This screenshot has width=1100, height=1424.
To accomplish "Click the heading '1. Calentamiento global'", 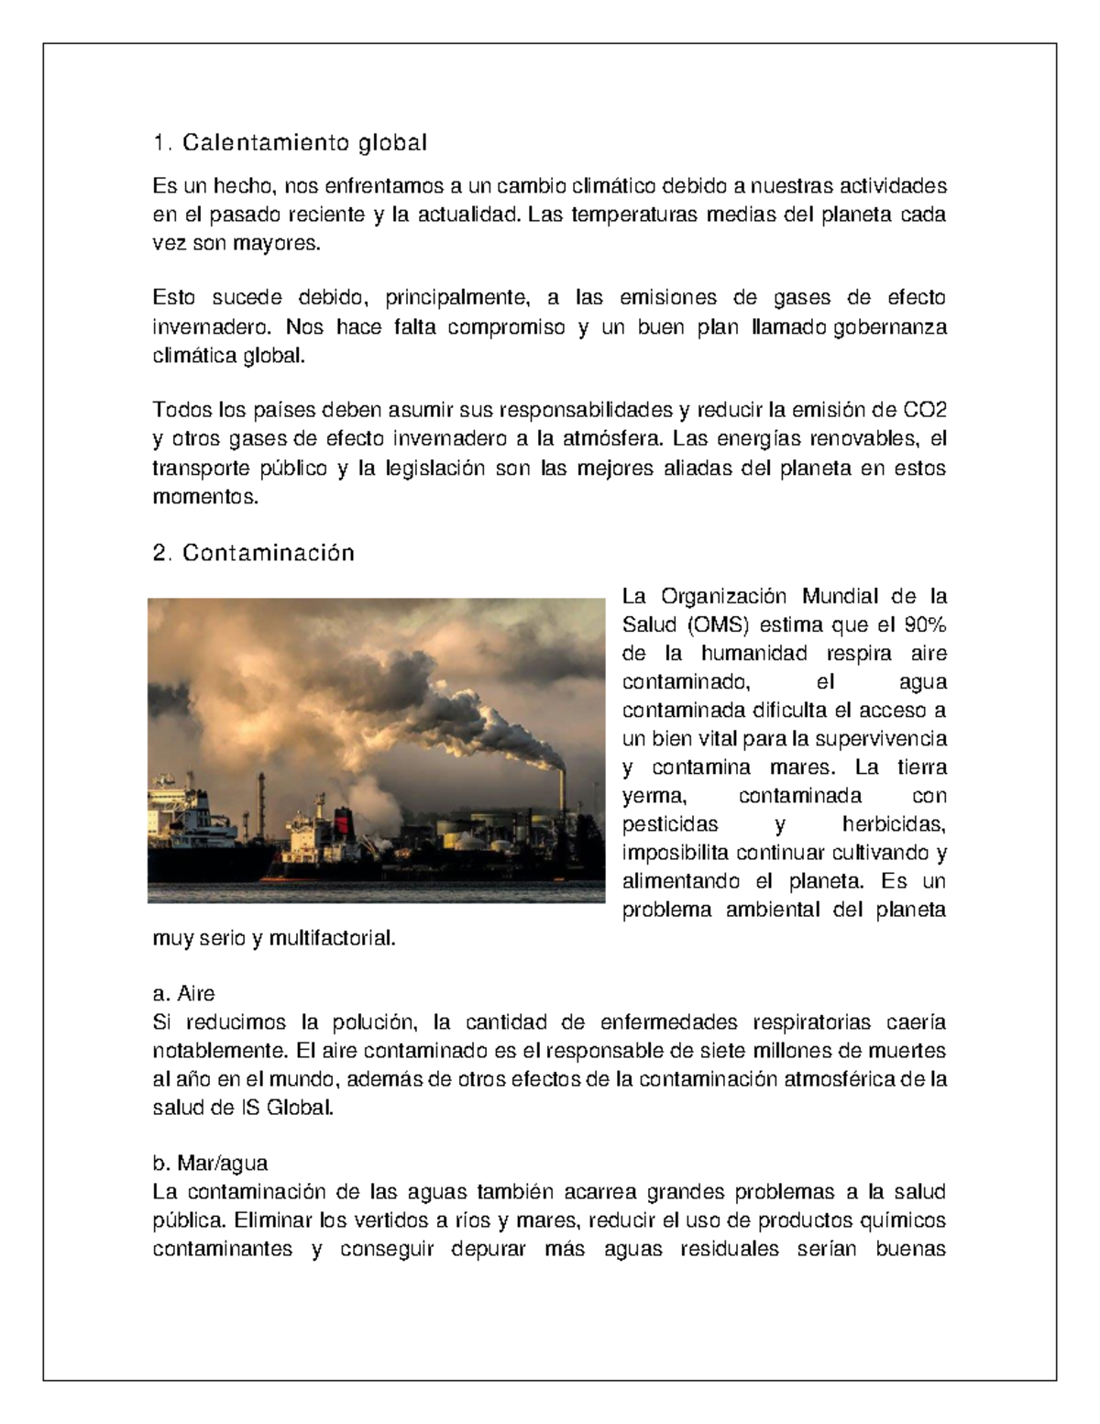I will click(290, 143).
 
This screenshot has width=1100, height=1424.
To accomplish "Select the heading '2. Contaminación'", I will click(253, 553).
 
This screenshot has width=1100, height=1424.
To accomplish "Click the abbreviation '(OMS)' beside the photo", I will click(716, 625).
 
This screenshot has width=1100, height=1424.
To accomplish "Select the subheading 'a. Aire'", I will click(183, 994).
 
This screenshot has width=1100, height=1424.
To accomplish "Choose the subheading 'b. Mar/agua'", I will click(210, 1164).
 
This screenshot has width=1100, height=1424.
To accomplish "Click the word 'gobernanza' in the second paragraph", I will click(889, 327).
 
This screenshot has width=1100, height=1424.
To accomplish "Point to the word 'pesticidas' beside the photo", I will click(670, 824).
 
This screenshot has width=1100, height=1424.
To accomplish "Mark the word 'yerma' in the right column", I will click(654, 796).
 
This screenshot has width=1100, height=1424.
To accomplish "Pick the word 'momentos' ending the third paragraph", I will click(205, 498).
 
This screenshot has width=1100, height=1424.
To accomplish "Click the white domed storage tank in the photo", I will click(467, 839).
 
